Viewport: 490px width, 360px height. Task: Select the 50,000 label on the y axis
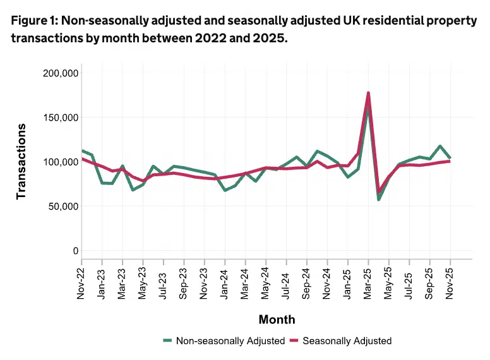(61, 207)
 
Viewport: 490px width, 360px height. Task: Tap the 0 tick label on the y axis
(75, 251)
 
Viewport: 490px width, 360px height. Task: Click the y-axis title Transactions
(21, 161)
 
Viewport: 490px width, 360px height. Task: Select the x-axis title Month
(276, 319)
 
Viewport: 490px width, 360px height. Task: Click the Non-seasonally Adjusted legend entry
(224, 341)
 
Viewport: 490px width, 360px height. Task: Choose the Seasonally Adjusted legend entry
(341, 341)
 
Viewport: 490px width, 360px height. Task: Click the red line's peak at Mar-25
(368, 93)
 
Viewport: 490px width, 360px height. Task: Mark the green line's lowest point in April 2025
(379, 200)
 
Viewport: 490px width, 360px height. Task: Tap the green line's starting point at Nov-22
(81, 151)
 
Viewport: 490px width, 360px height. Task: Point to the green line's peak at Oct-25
(440, 146)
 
